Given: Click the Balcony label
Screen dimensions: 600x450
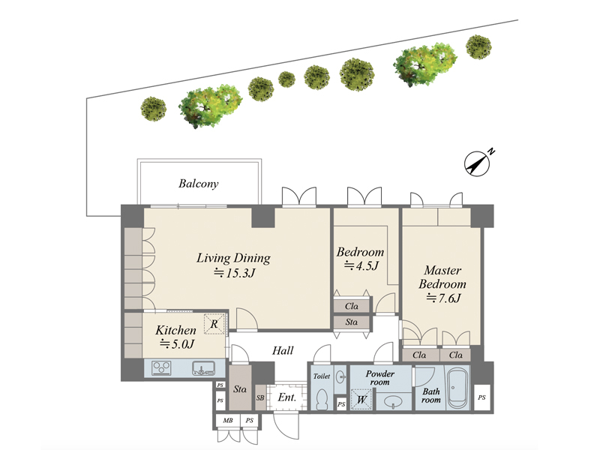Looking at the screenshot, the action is (x=198, y=184).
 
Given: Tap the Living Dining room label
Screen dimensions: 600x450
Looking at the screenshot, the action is (x=233, y=258).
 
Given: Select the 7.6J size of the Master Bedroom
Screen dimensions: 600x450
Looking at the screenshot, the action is (x=443, y=298).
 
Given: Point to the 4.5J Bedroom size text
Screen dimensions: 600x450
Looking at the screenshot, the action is (x=361, y=265).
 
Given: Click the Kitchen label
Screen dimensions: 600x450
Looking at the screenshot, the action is (x=175, y=330).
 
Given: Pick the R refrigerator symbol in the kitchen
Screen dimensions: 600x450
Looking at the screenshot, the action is (x=214, y=324).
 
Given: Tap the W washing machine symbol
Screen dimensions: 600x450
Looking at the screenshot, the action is (x=361, y=400).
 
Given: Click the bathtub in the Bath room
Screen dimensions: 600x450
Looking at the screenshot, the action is (x=457, y=388).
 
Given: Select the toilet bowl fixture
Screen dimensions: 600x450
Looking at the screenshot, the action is (x=323, y=400).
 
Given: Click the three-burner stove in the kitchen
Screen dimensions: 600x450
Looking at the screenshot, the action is (x=161, y=368).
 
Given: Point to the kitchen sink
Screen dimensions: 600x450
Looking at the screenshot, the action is (x=203, y=368).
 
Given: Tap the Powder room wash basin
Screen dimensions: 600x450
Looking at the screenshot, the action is (x=392, y=402).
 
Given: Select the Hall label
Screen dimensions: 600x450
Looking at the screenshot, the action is (x=283, y=350).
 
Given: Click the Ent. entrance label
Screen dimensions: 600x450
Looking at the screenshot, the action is (x=287, y=397).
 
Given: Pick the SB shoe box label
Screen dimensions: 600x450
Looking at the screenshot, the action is (x=260, y=398).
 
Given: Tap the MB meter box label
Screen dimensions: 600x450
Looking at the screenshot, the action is (x=228, y=420).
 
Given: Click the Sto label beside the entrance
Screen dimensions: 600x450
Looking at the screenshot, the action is (x=240, y=389).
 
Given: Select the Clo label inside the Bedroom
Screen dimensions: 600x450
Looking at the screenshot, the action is (x=352, y=306).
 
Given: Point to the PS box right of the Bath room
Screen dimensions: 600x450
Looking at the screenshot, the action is (x=481, y=397).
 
